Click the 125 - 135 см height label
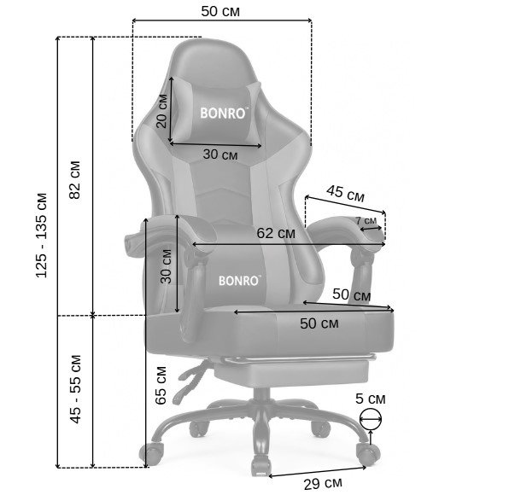tap(42, 236)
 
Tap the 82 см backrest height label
tap(75, 180)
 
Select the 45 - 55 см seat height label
tap(75, 389)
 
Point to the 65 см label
tap(161, 386)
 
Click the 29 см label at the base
tap(323, 484)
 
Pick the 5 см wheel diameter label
tap(370, 399)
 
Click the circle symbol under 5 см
tap(371, 419)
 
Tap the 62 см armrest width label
tap(276, 233)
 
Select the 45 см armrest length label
tap(345, 194)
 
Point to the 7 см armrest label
tap(366, 220)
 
